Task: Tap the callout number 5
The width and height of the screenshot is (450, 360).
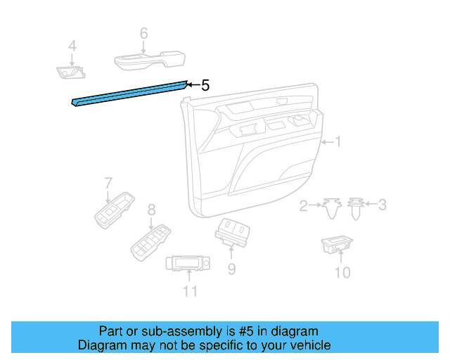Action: pyautogui.click(x=205, y=85)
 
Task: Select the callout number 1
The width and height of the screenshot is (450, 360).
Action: pyautogui.click(x=337, y=143)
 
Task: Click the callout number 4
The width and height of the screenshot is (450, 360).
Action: pyautogui.click(x=72, y=47)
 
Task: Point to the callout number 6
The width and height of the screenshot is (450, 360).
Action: pyautogui.click(x=143, y=33)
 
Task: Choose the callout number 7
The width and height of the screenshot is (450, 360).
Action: pyautogui.click(x=108, y=183)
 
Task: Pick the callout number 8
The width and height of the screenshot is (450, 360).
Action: pyautogui.click(x=150, y=209)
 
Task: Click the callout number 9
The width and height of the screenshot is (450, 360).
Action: pyautogui.click(x=231, y=269)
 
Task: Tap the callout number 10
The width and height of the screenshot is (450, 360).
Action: pyautogui.click(x=342, y=272)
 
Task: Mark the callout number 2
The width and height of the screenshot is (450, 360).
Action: pyautogui.click(x=304, y=205)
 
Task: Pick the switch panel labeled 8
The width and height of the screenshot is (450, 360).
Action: pyautogui.click(x=150, y=241)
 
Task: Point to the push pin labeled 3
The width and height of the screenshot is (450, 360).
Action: pyautogui.click(x=356, y=208)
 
